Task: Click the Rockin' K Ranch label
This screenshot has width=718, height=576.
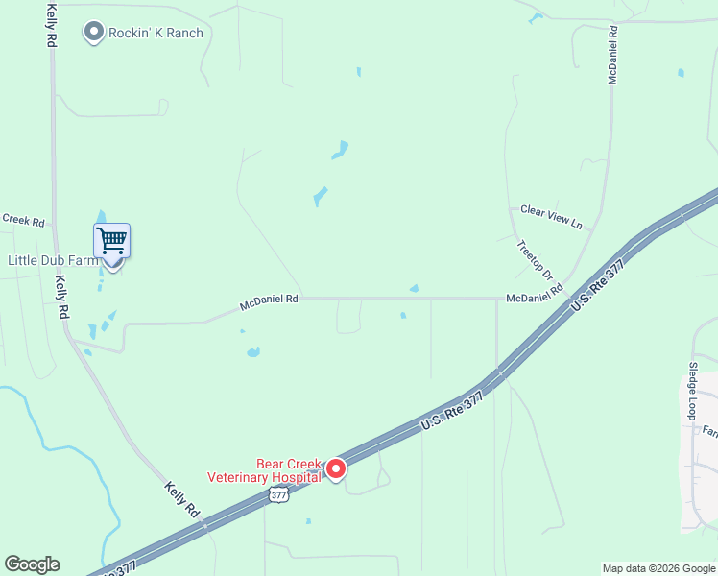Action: (x=156, y=33)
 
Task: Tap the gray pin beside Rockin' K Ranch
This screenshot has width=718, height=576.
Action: (x=94, y=33)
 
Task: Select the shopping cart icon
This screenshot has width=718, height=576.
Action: (x=112, y=240)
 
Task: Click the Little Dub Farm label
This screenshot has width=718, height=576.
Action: (x=53, y=260)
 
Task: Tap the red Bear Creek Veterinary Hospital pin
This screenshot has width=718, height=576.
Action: (x=336, y=468)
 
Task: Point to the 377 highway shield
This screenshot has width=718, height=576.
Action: (x=278, y=494)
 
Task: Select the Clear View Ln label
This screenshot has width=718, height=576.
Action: (x=551, y=216)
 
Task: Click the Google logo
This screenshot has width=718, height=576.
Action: (x=32, y=564)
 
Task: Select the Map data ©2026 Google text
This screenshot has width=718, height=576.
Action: (x=658, y=568)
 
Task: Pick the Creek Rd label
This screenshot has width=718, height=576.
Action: (x=23, y=221)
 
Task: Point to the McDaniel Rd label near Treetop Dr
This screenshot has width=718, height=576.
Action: (x=535, y=299)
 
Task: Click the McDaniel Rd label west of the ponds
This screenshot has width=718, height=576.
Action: (x=269, y=302)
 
